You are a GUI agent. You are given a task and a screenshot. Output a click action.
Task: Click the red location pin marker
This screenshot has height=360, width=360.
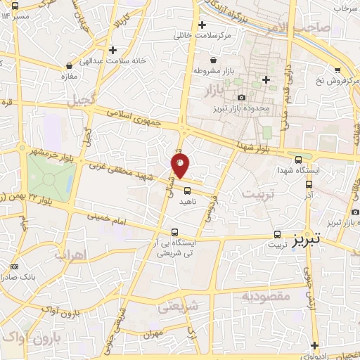click(181, 166)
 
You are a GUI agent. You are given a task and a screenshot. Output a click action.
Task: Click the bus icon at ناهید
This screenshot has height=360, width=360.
click(187, 190)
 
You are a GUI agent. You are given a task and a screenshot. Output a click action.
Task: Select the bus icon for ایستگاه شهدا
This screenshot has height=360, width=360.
click(300, 160)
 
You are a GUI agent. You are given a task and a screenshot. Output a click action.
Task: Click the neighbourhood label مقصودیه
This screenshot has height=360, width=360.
click(266, 296)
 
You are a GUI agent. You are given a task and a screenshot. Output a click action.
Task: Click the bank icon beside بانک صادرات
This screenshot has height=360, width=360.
click(15, 267)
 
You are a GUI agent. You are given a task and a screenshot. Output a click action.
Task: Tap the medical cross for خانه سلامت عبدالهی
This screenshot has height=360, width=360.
click(112, 49)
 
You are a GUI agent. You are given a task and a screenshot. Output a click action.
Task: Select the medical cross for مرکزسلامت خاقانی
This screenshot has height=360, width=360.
click(202, 25)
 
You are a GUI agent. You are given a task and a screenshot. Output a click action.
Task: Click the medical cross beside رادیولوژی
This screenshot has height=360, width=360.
click(314, 345)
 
